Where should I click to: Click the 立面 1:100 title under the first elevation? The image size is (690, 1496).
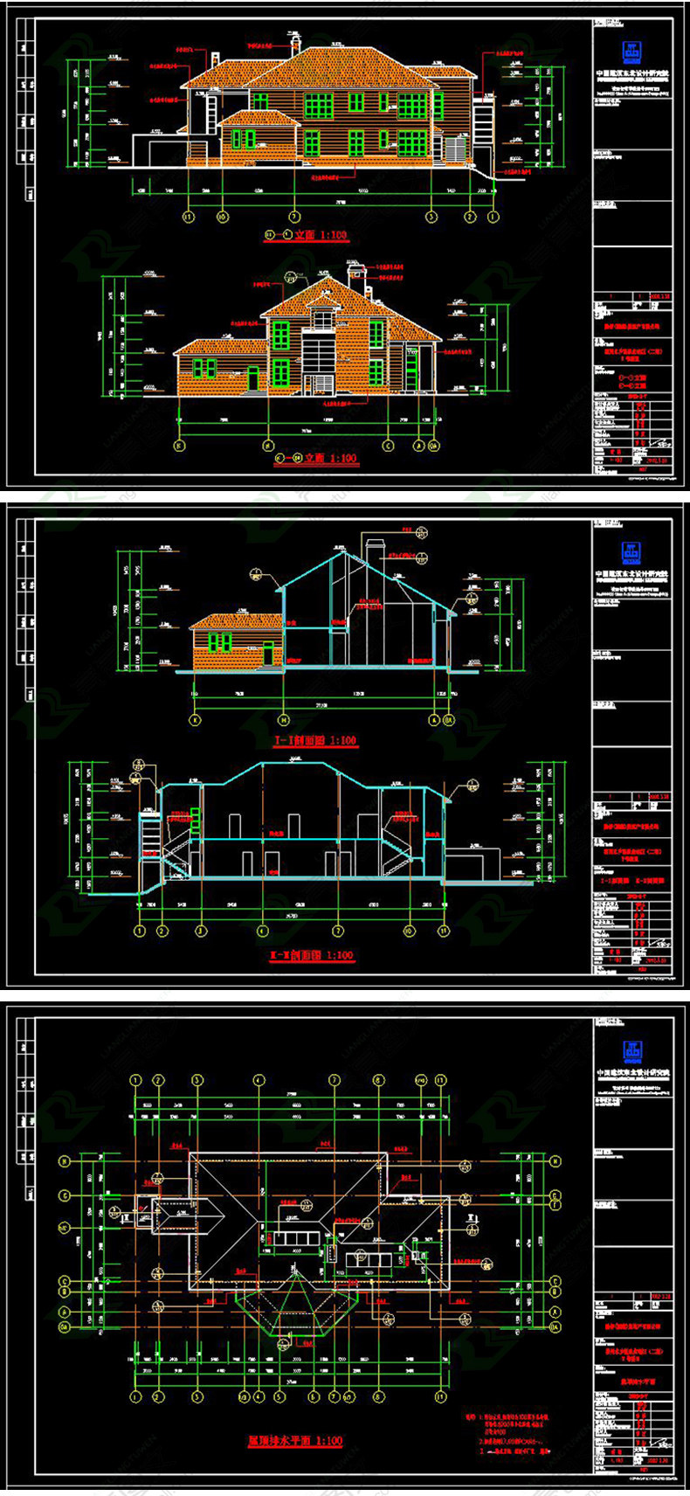point(306,235)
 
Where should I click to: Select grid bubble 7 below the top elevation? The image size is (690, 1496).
point(294,216)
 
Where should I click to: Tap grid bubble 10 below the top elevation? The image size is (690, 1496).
point(222,216)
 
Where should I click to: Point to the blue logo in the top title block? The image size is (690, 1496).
point(631,50)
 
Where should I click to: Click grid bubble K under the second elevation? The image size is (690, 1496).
point(179,446)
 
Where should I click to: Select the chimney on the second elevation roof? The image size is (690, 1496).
point(354,273)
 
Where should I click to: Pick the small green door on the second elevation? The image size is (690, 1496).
point(253,377)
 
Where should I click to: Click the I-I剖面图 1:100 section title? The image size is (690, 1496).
point(315,740)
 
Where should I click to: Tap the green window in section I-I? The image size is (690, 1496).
point(219,643)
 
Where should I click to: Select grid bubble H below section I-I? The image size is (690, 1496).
point(283,720)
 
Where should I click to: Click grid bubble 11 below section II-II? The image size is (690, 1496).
point(443,932)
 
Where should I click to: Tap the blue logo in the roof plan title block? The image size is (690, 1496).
point(631,1050)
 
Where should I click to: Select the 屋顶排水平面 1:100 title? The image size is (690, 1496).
point(294,1440)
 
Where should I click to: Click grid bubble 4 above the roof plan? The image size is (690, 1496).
point(259,1081)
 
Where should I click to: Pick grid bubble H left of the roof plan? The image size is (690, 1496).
point(65,1161)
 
